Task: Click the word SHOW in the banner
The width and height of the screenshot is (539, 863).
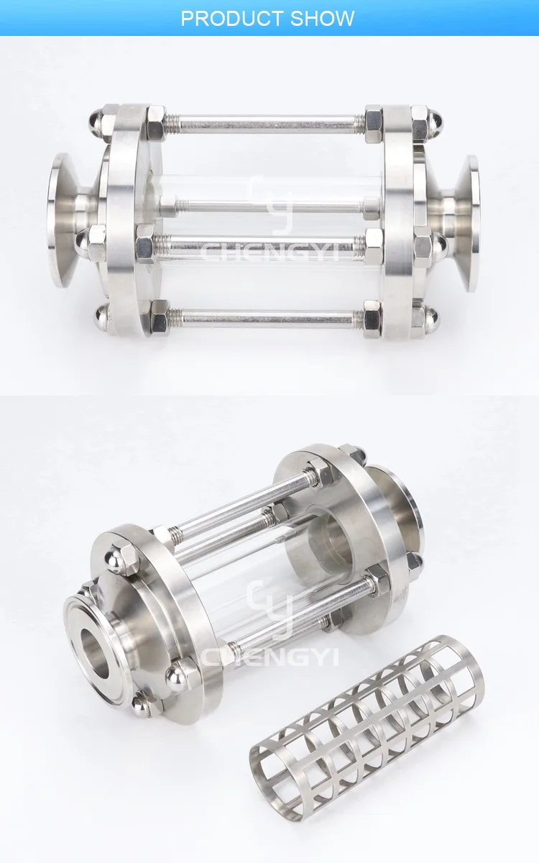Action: point(322,18)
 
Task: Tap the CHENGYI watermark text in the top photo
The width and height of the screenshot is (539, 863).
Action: point(269,253)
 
